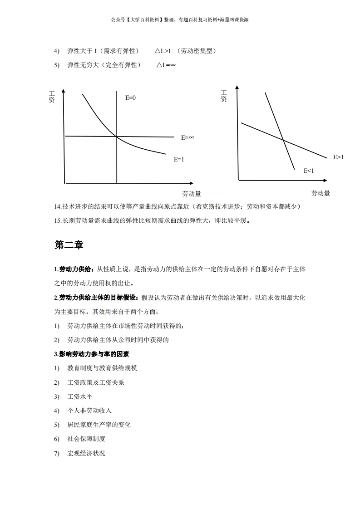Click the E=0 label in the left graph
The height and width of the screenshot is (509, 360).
coord(130,98)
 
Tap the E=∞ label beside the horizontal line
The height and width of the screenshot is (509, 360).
coord(187,137)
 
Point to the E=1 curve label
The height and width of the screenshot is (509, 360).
coord(179,160)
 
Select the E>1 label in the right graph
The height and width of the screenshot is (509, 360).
coord(339,157)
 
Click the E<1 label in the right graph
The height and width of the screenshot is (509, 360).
coord(309,171)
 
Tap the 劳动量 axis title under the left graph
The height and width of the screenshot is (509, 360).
coord(192,194)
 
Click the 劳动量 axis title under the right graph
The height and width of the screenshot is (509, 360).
coord(321,193)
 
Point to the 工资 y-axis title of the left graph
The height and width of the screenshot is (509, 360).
coord(52,97)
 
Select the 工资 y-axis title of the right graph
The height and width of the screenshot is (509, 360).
coord(224,96)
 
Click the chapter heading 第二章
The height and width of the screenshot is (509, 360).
coord(69,245)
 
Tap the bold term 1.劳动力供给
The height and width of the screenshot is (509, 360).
coord(74,269)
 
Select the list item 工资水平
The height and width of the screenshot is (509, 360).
coord(80,396)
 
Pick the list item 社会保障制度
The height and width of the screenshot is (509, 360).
coord(86,439)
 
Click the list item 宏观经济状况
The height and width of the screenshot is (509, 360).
coord(86,453)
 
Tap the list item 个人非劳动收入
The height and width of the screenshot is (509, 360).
coord(89,411)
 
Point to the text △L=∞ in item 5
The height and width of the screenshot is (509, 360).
coord(166,65)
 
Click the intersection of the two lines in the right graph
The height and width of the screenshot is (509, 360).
coord(284,140)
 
